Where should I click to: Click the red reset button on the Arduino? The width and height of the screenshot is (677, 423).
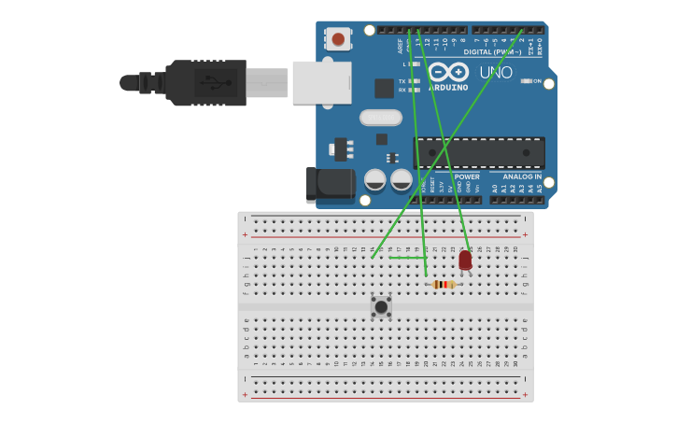338,39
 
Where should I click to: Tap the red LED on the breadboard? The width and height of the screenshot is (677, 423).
465,261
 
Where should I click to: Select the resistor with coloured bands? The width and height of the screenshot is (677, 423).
444,284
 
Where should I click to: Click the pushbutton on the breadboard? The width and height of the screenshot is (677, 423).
381,306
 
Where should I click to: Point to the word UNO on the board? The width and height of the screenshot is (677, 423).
496,73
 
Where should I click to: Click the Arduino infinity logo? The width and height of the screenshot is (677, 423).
448,71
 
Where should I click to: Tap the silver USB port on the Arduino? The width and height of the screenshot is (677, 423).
321,82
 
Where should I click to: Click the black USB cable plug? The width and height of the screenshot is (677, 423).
205,82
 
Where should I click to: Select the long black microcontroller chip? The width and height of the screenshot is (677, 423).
479,152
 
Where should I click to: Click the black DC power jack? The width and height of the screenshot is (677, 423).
330,184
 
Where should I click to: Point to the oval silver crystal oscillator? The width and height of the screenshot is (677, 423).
381,118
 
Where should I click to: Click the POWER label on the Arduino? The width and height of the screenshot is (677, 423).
467,176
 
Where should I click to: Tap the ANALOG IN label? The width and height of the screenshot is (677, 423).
522,176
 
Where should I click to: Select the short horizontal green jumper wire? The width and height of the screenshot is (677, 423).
407,258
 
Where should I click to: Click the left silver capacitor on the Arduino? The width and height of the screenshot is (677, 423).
375,179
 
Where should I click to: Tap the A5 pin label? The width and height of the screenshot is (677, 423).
539,188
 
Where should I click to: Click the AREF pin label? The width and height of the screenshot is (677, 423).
401,45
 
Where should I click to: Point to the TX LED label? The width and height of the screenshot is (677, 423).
402,81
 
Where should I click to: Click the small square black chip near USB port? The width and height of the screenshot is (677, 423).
384,88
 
